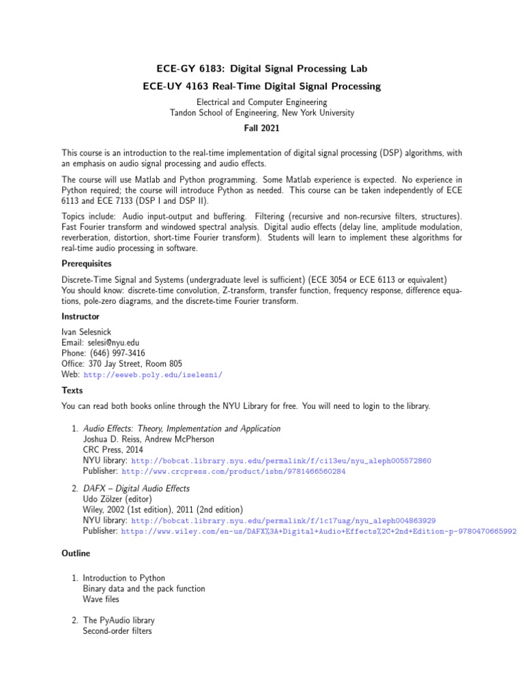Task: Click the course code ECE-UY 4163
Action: coord(177,87)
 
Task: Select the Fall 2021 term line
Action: coord(262,127)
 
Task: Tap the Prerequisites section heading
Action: coord(87,263)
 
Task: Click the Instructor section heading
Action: coord(81,316)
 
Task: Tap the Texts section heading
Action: coord(72,391)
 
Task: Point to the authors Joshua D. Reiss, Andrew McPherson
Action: coord(149,440)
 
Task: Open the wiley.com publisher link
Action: coord(319,531)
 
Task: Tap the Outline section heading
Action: coord(76,553)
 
